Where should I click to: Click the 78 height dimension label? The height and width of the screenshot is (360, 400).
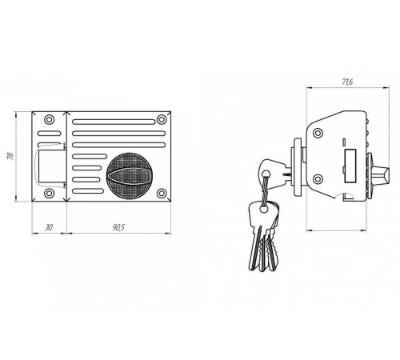(10, 156)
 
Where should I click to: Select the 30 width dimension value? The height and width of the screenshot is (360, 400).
(49, 227)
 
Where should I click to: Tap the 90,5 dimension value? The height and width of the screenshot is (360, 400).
(118, 227)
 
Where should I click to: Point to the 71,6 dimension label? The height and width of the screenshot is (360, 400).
(347, 82)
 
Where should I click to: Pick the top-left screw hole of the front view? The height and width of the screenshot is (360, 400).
(49, 119)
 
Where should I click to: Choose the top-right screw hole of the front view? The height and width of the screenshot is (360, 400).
(162, 119)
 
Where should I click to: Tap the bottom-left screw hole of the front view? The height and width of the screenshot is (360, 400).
(49, 193)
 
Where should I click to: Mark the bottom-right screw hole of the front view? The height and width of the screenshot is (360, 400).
(162, 193)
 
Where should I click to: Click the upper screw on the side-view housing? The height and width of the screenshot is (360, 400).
(318, 133)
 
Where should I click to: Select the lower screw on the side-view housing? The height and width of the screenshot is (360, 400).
(318, 179)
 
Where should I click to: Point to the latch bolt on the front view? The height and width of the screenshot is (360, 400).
(50, 166)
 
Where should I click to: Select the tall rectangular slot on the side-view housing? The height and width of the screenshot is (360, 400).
(350, 166)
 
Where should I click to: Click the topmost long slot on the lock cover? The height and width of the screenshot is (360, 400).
(114, 122)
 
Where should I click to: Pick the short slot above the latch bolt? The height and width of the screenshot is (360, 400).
(50, 133)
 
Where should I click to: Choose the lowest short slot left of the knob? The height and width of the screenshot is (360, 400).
(88, 191)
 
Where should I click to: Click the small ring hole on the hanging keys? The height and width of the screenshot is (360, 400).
(264, 209)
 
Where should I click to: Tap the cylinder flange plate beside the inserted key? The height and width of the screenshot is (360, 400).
(298, 167)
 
